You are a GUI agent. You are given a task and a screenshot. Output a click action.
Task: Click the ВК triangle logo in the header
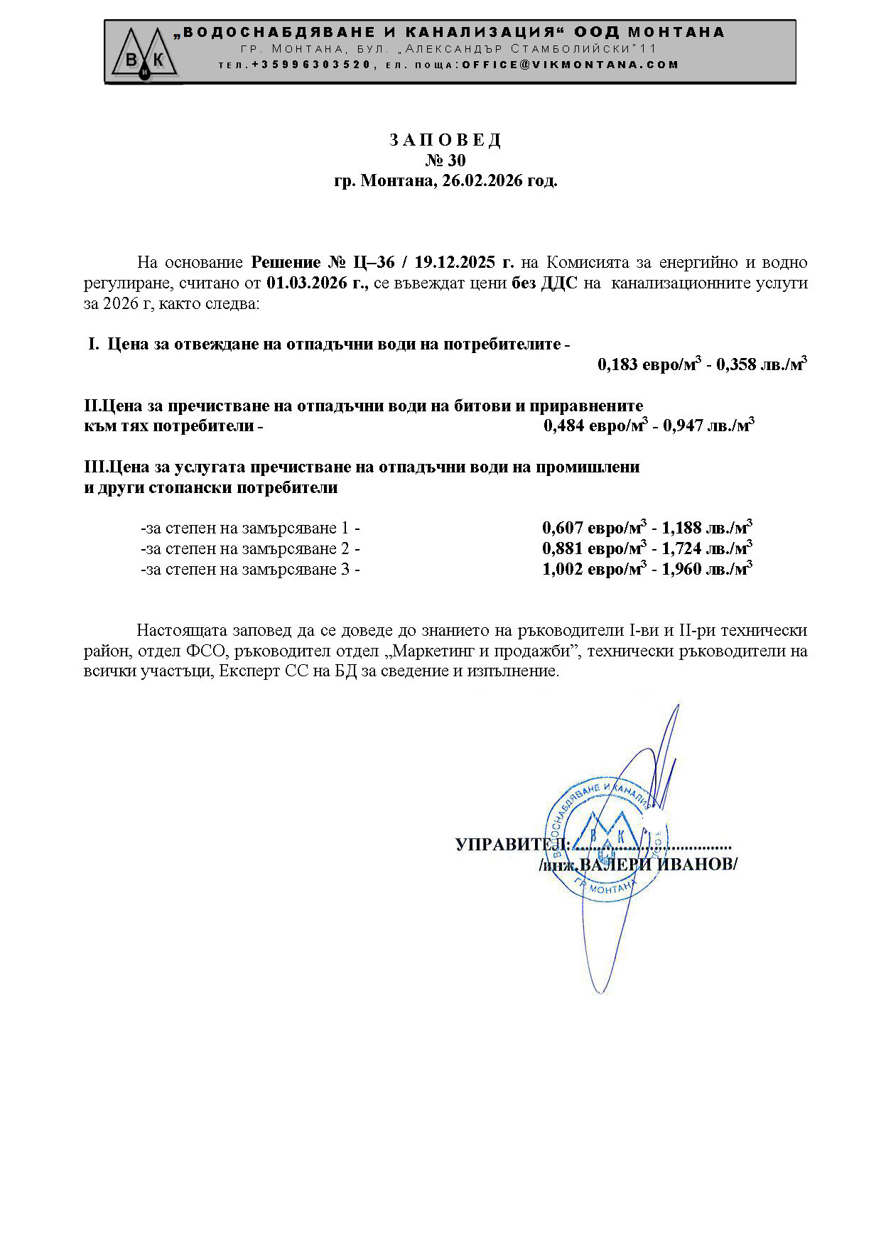coord(145,53)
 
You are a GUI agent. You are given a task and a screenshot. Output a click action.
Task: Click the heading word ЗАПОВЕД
coord(445,140)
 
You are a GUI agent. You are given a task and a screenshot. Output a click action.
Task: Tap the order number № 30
coord(445,161)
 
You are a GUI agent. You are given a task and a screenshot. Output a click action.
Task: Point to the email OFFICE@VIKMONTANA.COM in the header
coord(571,65)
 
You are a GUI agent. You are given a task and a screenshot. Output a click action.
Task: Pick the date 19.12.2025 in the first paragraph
coord(455,262)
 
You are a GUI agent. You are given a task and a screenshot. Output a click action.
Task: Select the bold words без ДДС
coord(544,283)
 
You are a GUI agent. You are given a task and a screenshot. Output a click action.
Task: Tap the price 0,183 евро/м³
coord(649,365)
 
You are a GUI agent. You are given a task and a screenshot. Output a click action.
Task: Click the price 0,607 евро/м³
coord(594,528)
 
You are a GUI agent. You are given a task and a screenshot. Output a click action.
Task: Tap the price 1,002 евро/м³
coord(594,569)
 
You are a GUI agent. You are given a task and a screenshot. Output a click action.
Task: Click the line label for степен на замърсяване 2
coord(250,548)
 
